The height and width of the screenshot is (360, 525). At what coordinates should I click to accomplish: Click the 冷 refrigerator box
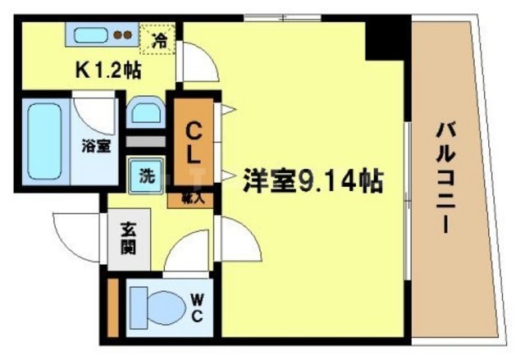pyautogui.click(x=161, y=37)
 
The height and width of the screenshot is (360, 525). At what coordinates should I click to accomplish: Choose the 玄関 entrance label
pyautogui.click(x=127, y=238)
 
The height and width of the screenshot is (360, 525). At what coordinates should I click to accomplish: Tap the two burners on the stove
pyautogui.click(x=122, y=35)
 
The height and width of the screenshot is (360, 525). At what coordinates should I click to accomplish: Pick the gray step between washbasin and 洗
pyautogui.click(x=147, y=140)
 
